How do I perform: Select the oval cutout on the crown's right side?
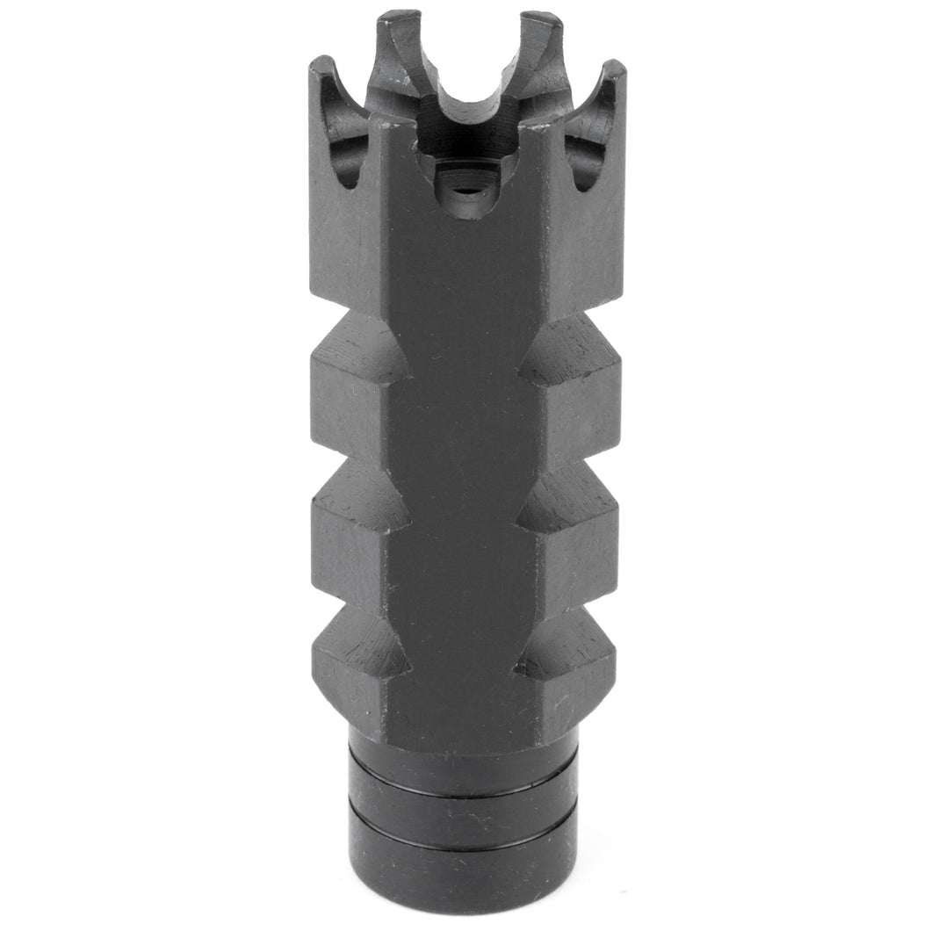587,149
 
